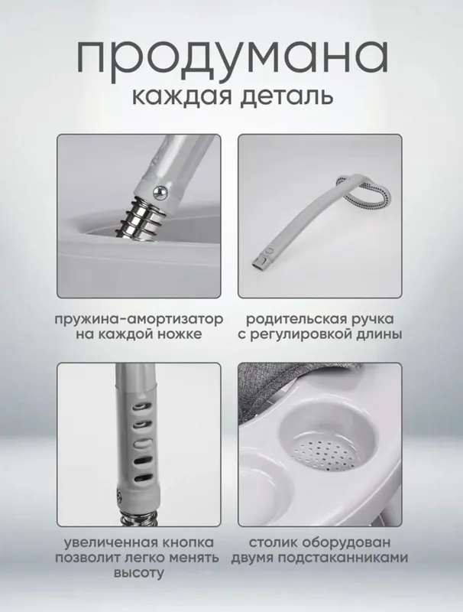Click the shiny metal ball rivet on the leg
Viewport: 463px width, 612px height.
161,191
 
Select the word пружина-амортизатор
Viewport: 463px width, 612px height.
139,320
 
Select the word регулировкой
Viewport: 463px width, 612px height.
299,335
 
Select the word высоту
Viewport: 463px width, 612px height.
139,573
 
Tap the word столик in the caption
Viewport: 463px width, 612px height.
272,543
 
